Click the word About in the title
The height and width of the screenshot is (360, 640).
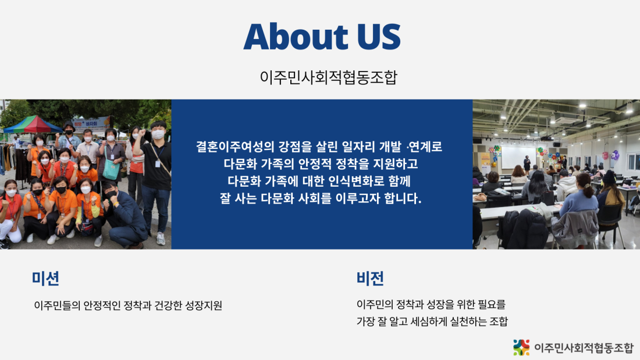pyautogui.click(x=296, y=36)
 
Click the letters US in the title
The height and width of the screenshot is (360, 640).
pyautogui.click(x=379, y=36)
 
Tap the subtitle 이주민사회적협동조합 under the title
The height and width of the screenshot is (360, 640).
pyautogui.click(x=329, y=77)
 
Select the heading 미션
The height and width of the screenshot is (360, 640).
pyautogui.click(x=46, y=279)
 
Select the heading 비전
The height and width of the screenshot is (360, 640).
pyautogui.click(x=370, y=279)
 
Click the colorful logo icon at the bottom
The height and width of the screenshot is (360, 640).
pyautogui.click(x=521, y=347)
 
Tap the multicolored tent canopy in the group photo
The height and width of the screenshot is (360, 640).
pyautogui.click(x=33, y=124)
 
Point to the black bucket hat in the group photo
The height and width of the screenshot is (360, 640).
pyautogui.click(x=69, y=125)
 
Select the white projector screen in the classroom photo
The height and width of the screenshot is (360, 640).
pyautogui.click(x=518, y=158)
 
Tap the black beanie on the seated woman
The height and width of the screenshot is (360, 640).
pyautogui.click(x=609, y=177)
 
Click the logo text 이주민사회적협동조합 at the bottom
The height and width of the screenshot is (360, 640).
pyautogui.click(x=584, y=348)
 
